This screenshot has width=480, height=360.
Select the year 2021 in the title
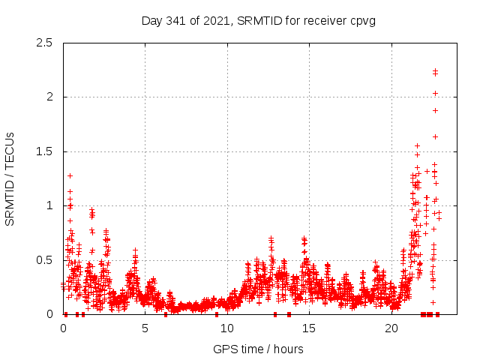(214, 20)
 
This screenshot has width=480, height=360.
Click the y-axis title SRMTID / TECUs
(10, 178)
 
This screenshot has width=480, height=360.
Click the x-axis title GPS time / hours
(258, 349)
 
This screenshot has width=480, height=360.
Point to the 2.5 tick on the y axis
(47, 43)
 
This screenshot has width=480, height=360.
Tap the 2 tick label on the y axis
(52, 97)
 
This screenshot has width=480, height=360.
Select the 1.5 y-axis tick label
(47, 151)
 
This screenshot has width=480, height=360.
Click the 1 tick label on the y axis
(52, 205)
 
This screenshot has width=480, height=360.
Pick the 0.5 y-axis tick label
(47, 260)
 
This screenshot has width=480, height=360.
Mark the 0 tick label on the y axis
(52, 314)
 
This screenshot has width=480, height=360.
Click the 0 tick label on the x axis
(63, 328)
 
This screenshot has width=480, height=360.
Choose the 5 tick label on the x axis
(145, 328)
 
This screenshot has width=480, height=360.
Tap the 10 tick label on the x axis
(227, 328)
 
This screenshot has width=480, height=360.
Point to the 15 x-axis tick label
(309, 328)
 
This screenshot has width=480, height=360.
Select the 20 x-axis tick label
(391, 328)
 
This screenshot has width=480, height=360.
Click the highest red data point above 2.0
(435, 70)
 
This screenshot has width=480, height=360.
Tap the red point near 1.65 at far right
(435, 136)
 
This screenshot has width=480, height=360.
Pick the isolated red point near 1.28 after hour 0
(70, 175)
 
